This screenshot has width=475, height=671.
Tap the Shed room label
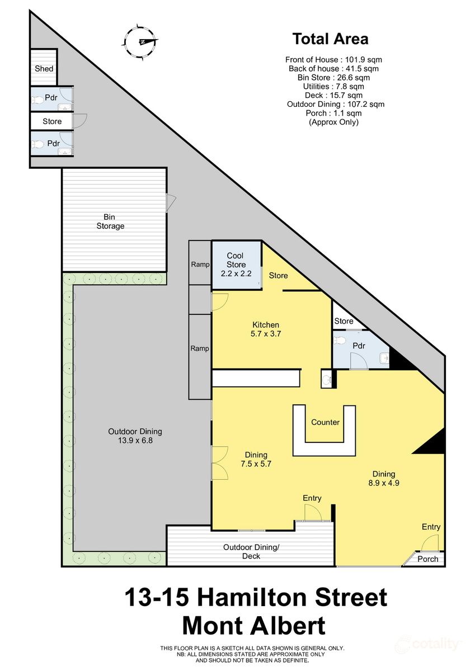(44, 68)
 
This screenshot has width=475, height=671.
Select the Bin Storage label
(110, 221)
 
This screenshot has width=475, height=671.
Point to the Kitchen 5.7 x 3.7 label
(266, 329)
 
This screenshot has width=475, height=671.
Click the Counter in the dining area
(325, 422)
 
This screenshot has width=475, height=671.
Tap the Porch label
(428, 559)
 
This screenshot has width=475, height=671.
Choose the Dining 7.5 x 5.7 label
(253, 459)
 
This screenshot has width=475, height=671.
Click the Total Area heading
(330, 39)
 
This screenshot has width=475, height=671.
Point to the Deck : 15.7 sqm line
(334, 95)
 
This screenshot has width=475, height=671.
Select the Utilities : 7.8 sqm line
(334, 86)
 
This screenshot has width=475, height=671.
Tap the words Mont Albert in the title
(255, 626)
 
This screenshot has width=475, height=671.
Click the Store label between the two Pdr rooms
(52, 121)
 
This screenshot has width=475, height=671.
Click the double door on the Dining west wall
(219, 462)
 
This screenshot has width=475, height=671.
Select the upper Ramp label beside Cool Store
(200, 264)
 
